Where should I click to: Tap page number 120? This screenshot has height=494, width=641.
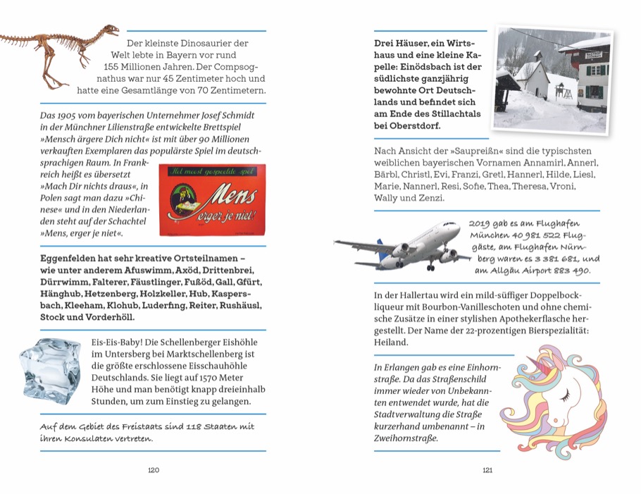[x=154, y=471]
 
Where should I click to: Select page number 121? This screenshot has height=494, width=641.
[x=487, y=471]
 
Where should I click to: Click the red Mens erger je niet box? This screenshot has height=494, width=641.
[x=212, y=200]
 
